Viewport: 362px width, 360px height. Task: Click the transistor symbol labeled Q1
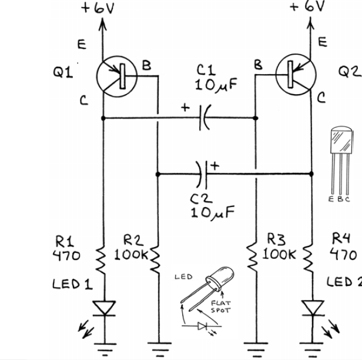116,77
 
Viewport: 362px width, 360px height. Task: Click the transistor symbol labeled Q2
296,77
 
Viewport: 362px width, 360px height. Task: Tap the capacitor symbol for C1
203,118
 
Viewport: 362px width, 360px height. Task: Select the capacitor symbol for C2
203,174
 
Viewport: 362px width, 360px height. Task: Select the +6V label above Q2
307,6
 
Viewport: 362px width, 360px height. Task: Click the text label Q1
63,73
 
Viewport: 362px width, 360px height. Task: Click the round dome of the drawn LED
226,276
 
